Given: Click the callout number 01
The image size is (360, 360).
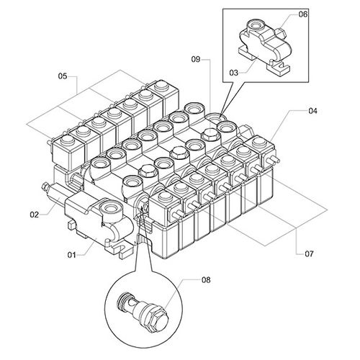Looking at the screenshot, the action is [x=71, y=255].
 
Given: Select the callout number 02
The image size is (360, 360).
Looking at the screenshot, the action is [x=35, y=215].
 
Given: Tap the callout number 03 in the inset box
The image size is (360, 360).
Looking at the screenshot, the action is [x=234, y=73].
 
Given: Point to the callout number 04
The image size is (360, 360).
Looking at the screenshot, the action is [x=312, y=111].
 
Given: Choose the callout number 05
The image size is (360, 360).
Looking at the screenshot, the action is [x=63, y=76].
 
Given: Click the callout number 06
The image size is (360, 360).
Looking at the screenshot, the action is [x=303, y=14].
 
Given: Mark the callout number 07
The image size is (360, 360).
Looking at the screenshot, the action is [x=309, y=253].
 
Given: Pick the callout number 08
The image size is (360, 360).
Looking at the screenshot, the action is [x=206, y=280].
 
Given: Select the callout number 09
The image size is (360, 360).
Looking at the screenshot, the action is [x=196, y=59].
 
